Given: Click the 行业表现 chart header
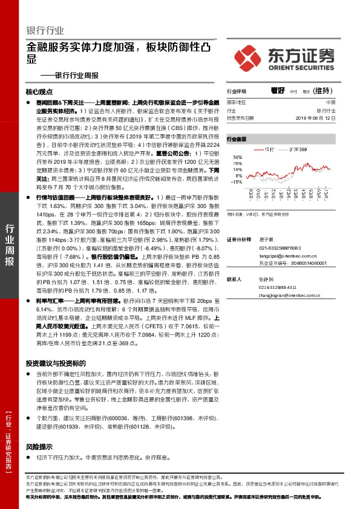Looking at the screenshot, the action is point(237,139).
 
